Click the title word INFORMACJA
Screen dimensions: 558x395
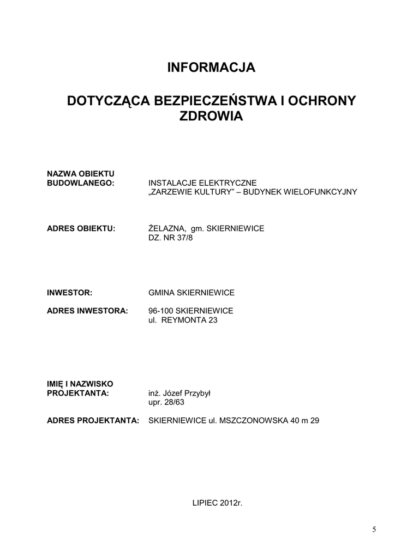click(x=211, y=68)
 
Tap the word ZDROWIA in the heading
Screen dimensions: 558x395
click(x=211, y=116)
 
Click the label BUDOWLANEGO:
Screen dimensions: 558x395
click(x=81, y=183)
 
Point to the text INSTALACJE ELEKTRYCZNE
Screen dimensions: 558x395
click(x=202, y=183)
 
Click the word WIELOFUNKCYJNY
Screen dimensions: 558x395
click(x=319, y=192)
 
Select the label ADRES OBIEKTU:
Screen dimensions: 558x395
click(x=81, y=228)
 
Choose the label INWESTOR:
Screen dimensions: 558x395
click(x=69, y=293)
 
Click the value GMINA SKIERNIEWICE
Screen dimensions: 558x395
click(x=191, y=293)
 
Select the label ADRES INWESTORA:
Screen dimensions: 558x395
click(x=87, y=311)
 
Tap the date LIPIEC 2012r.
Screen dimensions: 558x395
click(x=217, y=502)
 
